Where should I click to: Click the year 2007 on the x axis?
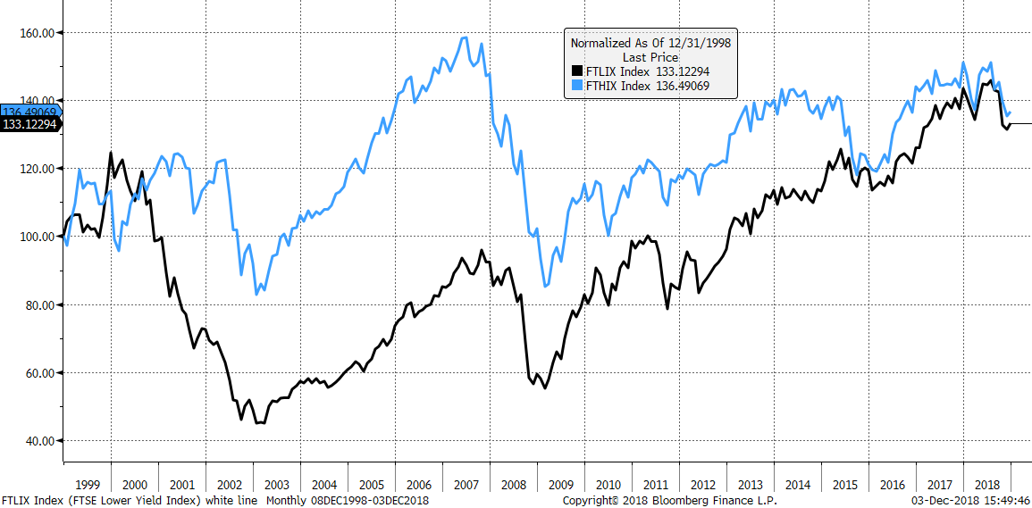coord(466,485)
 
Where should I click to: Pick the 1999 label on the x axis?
coord(87,485)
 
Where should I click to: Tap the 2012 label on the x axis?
coord(703,485)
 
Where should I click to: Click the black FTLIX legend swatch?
coord(576,71)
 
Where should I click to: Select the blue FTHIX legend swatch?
coord(576,86)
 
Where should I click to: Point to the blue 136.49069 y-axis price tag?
coord(29,112)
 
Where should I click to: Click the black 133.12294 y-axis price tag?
coord(29,125)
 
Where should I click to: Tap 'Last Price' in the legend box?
coord(652,56)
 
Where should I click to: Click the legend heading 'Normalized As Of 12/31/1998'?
coord(652,42)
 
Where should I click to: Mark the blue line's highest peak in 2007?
coord(465,37)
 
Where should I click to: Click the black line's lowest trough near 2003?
coord(259,423)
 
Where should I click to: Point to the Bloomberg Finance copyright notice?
coord(669,501)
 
